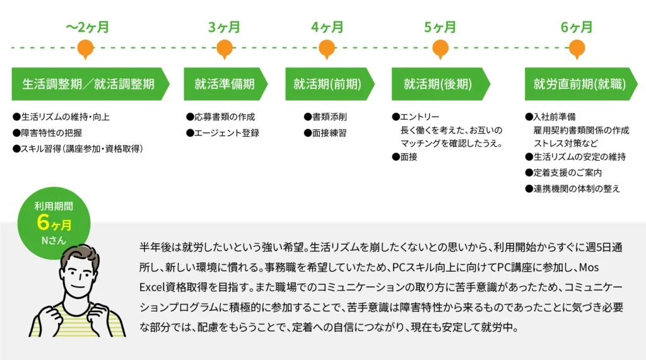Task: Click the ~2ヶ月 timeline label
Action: click(x=88, y=27)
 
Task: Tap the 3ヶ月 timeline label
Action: click(x=224, y=27)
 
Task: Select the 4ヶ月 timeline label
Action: click(x=327, y=27)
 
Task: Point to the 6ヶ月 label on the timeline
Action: click(x=577, y=27)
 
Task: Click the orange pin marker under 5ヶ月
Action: click(x=440, y=48)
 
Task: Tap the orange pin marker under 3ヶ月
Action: click(x=224, y=48)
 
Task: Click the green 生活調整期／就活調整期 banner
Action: click(x=88, y=84)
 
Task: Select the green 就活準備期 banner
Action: click(x=224, y=84)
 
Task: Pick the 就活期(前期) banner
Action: click(x=326, y=84)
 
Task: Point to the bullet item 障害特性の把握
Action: click(x=51, y=132)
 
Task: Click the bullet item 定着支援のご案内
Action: click(x=567, y=173)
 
